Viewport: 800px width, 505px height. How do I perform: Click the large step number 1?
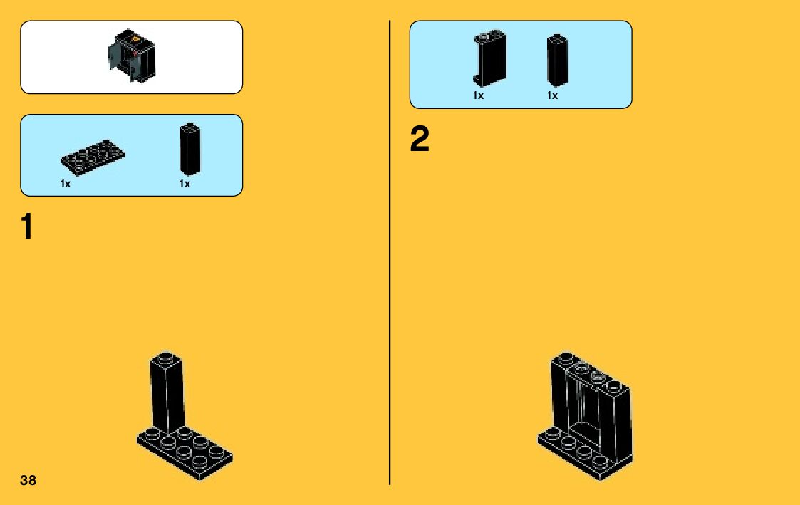26,227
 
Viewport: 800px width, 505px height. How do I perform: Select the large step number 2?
420,140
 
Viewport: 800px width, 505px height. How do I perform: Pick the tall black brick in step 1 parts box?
189,149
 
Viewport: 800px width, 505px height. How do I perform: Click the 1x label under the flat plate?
66,184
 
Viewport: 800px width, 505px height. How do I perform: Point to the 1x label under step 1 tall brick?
185,184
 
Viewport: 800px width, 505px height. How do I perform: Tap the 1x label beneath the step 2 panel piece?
478,95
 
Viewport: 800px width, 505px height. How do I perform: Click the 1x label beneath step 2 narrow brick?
552,95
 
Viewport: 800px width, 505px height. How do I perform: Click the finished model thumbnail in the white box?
131,57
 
